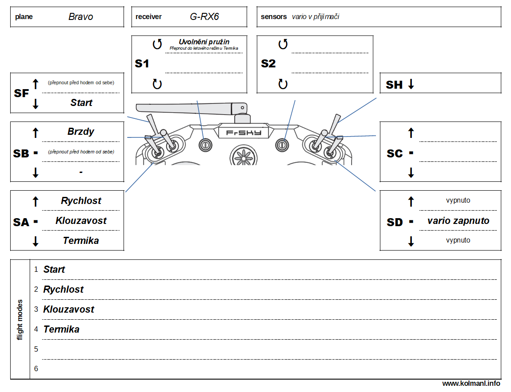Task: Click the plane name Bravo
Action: [x=81, y=17]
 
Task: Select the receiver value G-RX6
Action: [x=205, y=17]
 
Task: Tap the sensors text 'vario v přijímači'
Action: [x=316, y=17]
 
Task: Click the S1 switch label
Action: [x=142, y=64]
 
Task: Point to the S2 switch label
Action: [x=268, y=64]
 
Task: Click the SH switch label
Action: [x=394, y=85]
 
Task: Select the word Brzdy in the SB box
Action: [x=81, y=132]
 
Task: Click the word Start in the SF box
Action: [x=81, y=103]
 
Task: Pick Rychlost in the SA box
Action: [x=81, y=201]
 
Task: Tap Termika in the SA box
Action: [x=81, y=241]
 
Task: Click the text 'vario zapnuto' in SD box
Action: [x=458, y=221]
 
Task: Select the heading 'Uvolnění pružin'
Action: [x=204, y=42]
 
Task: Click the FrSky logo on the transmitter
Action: [x=244, y=133]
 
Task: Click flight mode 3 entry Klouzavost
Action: [x=69, y=310]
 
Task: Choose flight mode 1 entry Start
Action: [x=54, y=270]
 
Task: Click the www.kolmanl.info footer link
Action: [x=471, y=383]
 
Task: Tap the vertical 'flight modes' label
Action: [x=20, y=319]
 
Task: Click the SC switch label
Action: [x=395, y=154]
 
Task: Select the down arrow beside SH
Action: [x=411, y=84]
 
